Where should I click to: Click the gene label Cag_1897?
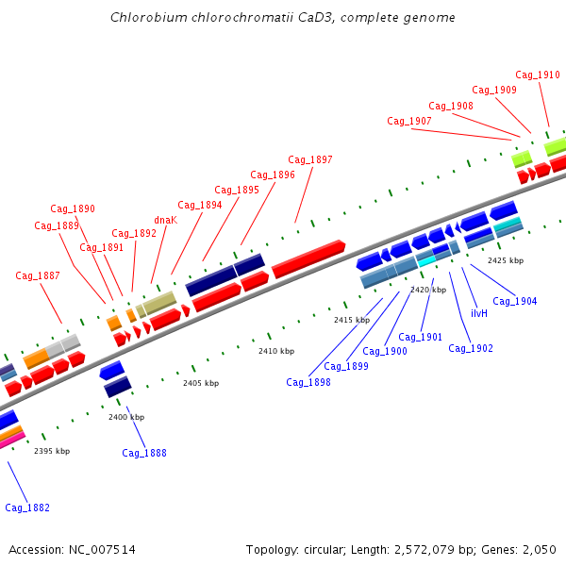(x=310, y=160)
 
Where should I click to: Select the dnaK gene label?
(x=165, y=220)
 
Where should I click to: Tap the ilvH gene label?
(x=479, y=313)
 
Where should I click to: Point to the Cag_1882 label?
(x=27, y=508)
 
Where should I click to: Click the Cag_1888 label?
(x=144, y=454)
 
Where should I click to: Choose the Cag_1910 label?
(x=538, y=75)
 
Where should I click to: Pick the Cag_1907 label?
(x=409, y=122)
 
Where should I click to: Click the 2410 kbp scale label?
(x=276, y=351)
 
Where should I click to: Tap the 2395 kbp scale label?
(x=52, y=451)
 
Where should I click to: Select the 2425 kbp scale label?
(x=506, y=260)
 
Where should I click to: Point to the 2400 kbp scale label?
(x=126, y=417)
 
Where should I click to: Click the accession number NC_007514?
(x=101, y=550)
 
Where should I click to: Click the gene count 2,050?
(x=537, y=550)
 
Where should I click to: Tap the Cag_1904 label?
(x=515, y=302)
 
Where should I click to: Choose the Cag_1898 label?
(x=308, y=382)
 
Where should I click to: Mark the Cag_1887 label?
(x=38, y=276)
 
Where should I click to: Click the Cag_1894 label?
(x=200, y=206)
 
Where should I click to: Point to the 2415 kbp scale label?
(x=352, y=321)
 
